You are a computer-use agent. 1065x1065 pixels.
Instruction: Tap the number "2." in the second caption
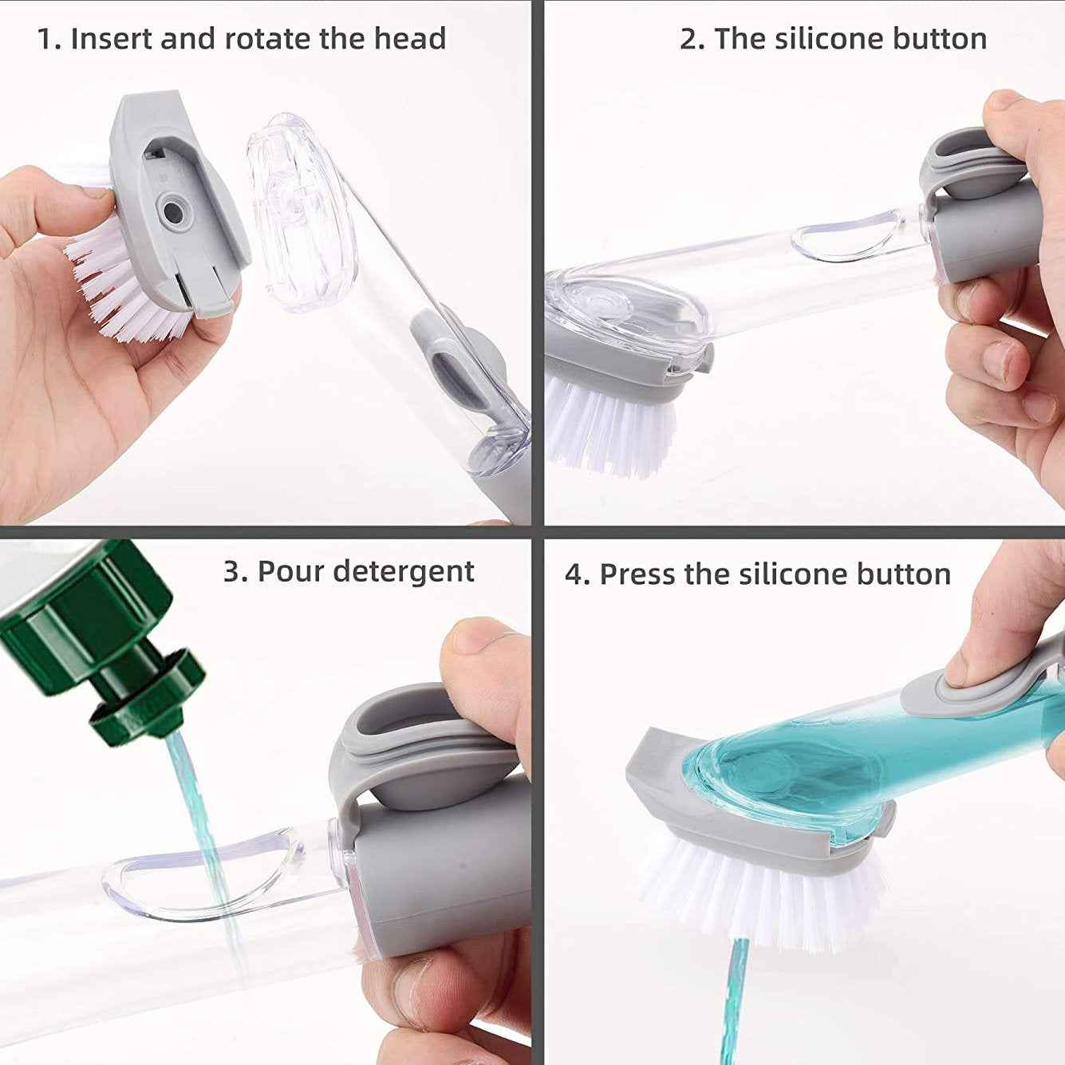click(x=692, y=38)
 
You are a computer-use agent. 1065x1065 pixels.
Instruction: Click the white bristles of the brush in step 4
click(x=758, y=893)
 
